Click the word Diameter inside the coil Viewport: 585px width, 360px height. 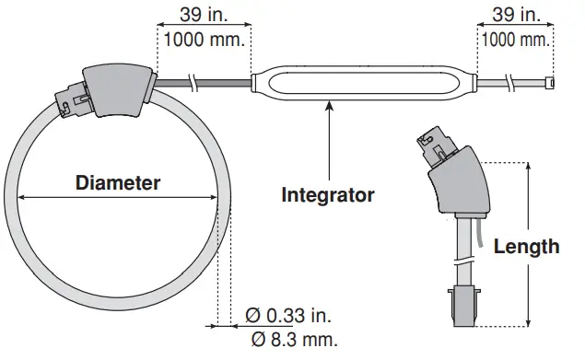118,182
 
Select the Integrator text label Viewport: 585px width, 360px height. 328,195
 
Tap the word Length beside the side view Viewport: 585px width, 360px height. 526,246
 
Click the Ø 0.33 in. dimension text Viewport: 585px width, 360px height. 287,316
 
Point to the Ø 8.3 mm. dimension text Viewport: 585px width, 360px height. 294,339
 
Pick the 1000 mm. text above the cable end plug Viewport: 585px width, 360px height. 515,39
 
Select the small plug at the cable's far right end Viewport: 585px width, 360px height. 550,84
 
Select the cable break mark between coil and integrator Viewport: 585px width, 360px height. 193,84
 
